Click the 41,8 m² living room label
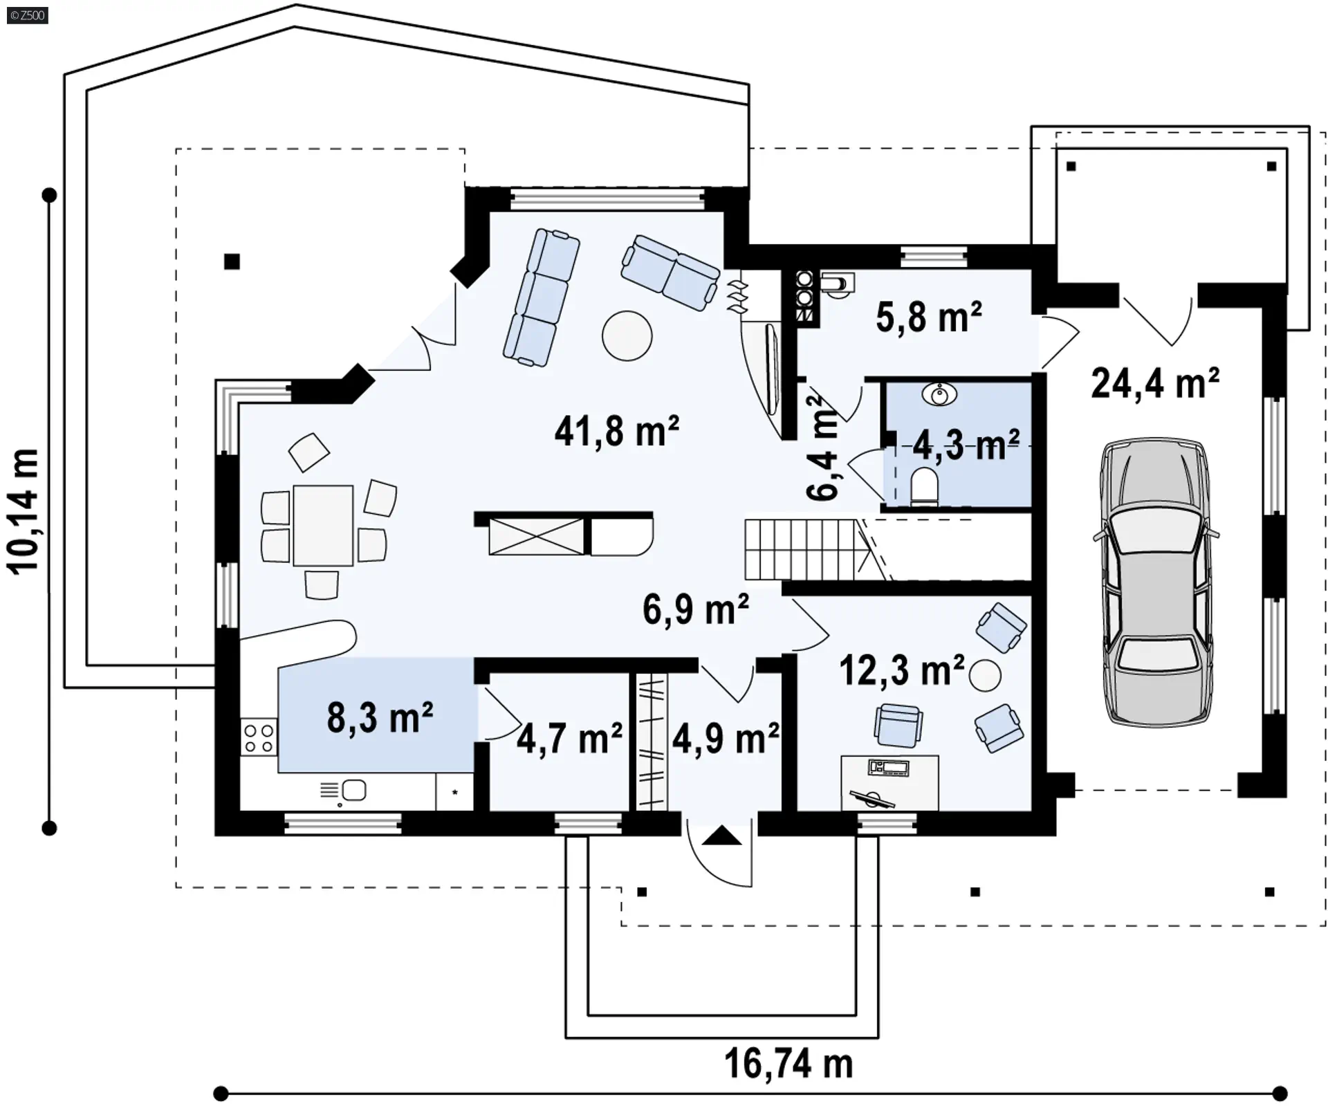[616, 432]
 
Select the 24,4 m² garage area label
[1155, 383]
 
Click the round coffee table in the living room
[627, 335]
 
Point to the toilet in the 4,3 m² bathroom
[923, 486]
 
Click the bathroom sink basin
[939, 395]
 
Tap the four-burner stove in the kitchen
[259, 737]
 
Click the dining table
[323, 525]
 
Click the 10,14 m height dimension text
[24, 510]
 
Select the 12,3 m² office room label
[902, 670]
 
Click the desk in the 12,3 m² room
[889, 782]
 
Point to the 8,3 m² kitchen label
[380, 717]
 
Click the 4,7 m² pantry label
[569, 738]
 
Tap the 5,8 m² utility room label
[929, 317]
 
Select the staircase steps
[802, 550]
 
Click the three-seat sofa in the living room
[542, 297]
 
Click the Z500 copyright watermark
[28, 15]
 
